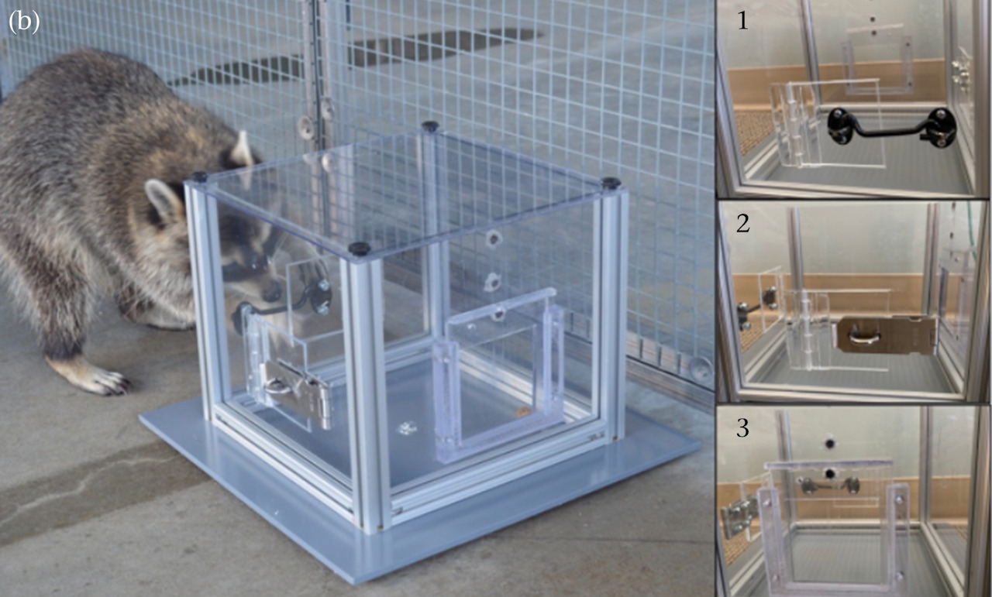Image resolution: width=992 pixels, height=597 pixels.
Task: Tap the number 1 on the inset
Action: (x=742, y=20)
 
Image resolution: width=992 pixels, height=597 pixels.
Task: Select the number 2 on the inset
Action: (x=743, y=223)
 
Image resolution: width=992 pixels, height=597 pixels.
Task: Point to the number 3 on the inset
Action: (x=742, y=427)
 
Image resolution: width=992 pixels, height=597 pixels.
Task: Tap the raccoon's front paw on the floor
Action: (x=101, y=382)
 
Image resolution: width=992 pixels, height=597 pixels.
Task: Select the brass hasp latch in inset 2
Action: (x=886, y=335)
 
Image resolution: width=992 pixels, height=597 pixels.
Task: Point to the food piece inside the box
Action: (x=522, y=413)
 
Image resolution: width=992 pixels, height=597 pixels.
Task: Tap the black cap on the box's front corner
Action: (x=360, y=248)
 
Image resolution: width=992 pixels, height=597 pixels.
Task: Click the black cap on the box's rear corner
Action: (x=429, y=125)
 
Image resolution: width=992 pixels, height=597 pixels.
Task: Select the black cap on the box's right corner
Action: (x=611, y=182)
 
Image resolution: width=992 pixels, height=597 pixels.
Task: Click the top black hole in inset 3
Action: (x=829, y=443)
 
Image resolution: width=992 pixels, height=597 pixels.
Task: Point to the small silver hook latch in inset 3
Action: (x=829, y=485)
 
